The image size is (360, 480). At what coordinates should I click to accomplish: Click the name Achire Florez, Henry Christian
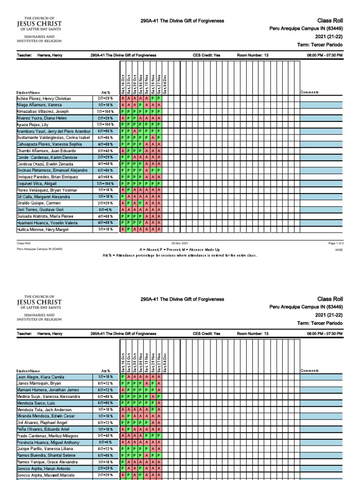pos(44,99)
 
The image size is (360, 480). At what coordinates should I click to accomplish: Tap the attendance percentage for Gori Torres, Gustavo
pos(106,210)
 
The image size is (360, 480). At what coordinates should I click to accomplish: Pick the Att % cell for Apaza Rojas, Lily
pos(106,125)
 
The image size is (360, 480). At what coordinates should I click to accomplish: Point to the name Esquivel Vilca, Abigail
pos(37,184)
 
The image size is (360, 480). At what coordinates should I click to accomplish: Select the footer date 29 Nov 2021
pos(180,243)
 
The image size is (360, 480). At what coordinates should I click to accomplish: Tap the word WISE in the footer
pos(339,250)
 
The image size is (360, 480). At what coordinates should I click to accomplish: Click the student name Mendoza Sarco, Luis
pos(37,403)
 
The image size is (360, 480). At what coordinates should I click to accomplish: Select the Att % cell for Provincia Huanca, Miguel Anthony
pos(106,442)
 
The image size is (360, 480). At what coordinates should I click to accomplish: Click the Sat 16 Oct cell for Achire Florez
pos(123,99)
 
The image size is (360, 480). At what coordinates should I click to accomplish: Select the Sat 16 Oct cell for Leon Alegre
pos(123,377)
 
